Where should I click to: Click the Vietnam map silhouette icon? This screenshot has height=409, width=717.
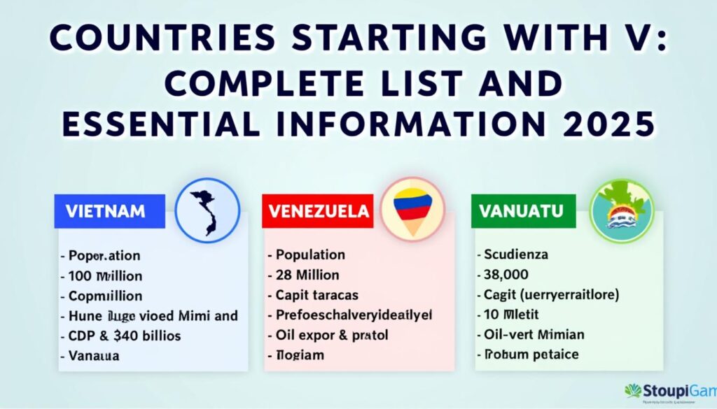[207, 209]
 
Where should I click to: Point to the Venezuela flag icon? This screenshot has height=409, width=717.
[412, 208]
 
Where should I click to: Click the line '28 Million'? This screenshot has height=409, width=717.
[307, 275]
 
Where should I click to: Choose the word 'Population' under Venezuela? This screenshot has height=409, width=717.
[310, 255]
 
